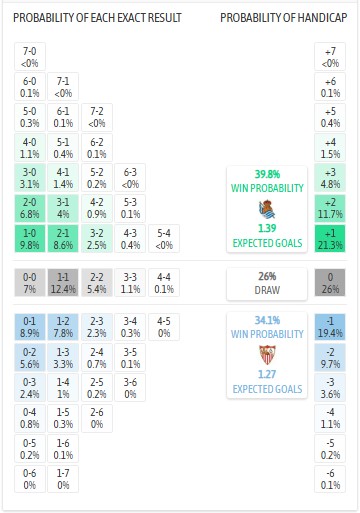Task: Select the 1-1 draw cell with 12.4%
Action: point(64,283)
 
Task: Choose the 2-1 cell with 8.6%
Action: point(64,237)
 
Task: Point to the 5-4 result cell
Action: point(163,237)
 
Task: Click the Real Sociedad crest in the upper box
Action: point(268,209)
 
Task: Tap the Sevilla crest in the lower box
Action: point(268,355)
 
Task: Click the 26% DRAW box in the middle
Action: point(268,283)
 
